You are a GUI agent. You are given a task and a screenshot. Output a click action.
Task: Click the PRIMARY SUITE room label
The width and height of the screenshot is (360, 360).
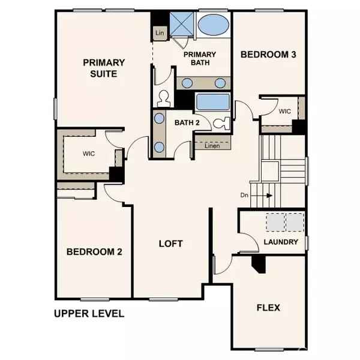coord(104,68)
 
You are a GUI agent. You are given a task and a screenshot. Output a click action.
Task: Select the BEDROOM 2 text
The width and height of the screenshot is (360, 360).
coord(94,251)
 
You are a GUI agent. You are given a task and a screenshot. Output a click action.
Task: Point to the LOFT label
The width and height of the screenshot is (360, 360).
coord(170,244)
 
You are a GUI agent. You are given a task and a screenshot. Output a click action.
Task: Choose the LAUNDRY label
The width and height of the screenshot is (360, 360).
coord(281,242)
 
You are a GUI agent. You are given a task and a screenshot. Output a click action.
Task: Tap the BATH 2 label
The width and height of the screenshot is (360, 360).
coord(187,122)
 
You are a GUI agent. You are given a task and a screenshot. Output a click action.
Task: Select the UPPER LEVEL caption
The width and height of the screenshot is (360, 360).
coord(88,313)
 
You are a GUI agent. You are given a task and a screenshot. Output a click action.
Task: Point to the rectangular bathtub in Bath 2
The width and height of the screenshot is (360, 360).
coord(211,102)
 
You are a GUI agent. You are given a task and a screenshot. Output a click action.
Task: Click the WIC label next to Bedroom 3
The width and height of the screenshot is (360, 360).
coord(284,111)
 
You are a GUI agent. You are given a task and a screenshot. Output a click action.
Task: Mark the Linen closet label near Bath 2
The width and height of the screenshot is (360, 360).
coord(211,146)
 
